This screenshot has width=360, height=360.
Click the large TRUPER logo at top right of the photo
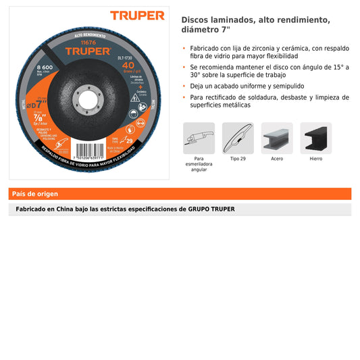point(138,15)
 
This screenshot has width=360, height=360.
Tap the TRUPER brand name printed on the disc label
point(88,50)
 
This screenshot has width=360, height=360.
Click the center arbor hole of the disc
point(88,96)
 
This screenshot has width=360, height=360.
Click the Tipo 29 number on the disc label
point(129,140)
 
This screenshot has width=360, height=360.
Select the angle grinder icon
point(199,138)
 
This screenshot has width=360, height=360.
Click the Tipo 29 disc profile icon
point(238,138)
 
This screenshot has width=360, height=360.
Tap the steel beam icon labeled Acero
point(277,138)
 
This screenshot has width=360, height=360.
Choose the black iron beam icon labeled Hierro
point(316,138)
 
